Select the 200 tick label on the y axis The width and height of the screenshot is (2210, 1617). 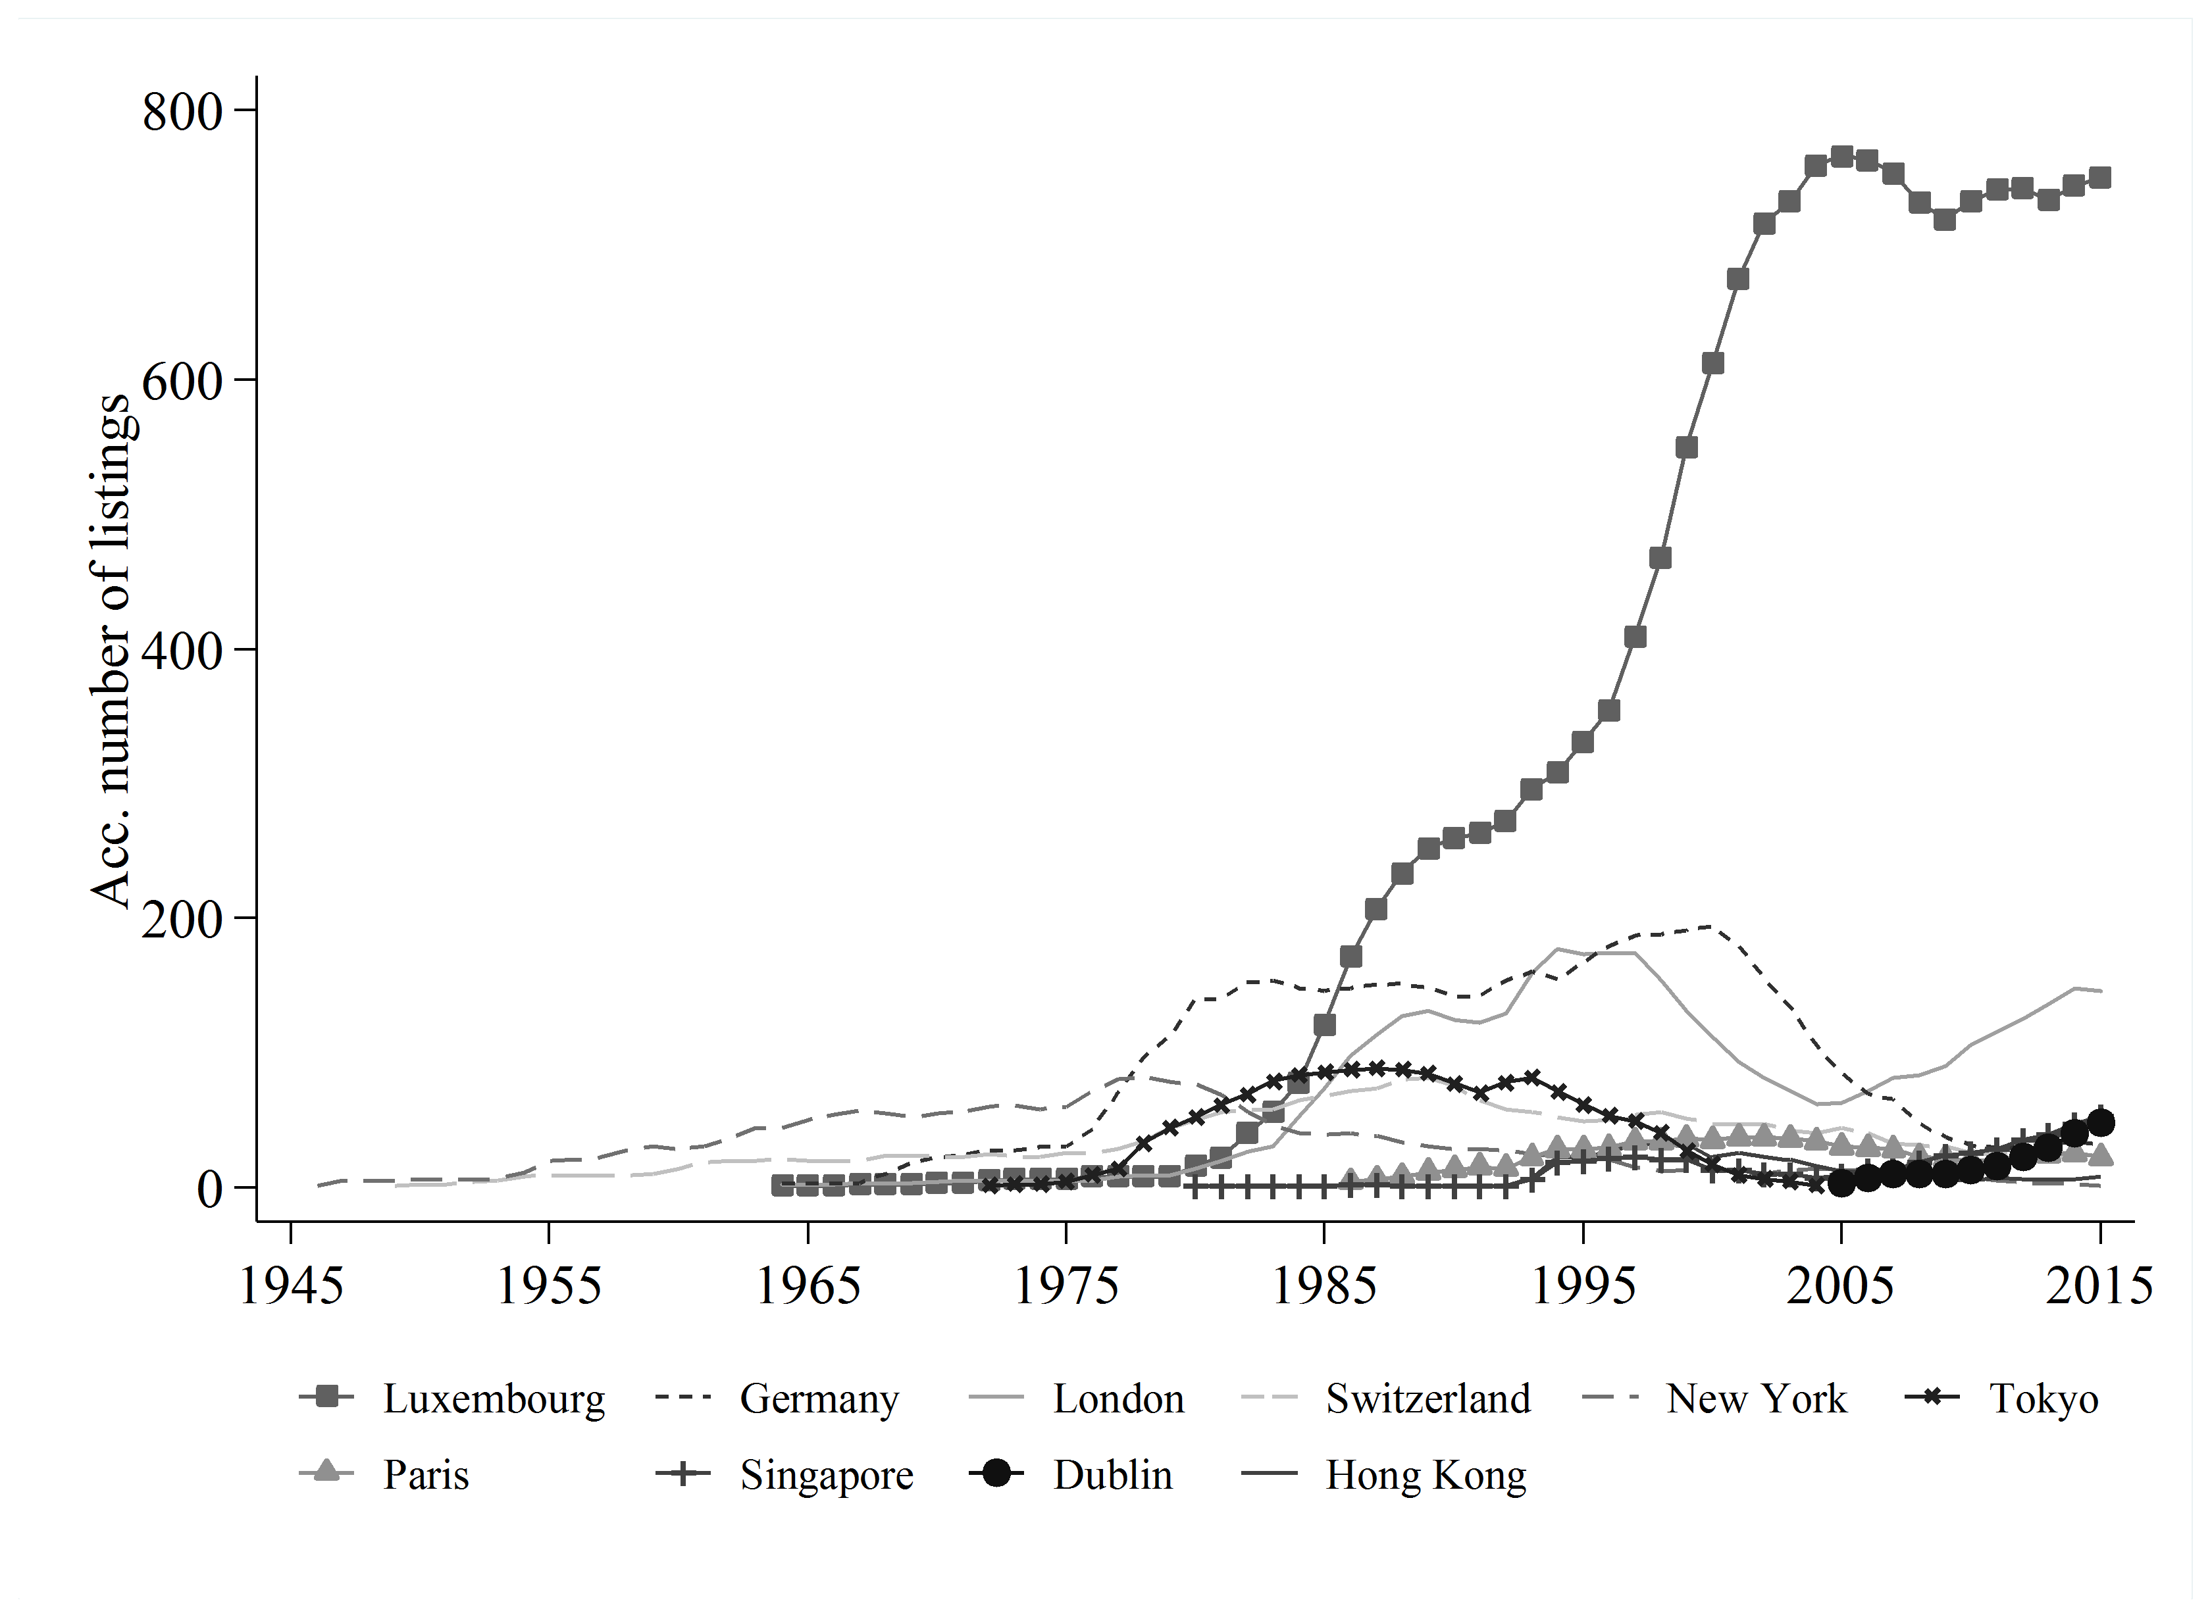click(x=184, y=919)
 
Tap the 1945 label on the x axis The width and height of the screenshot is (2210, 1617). click(x=291, y=1285)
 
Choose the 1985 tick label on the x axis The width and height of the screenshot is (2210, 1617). click(x=1324, y=1285)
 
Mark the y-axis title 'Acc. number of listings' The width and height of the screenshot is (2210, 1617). click(x=110, y=650)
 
